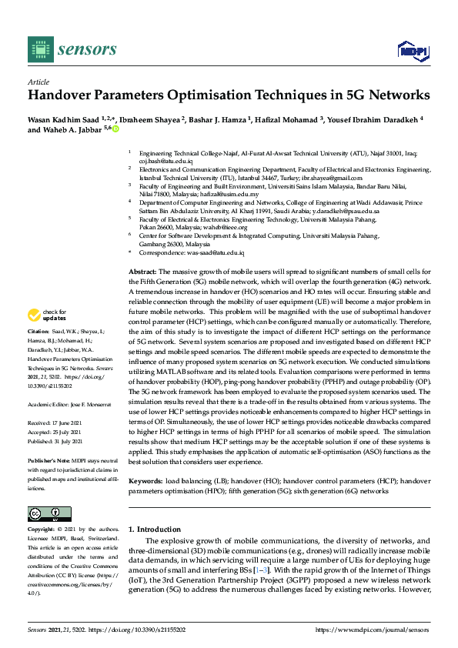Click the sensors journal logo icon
pyautogui.click(x=38, y=49)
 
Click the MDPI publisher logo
pyautogui.click(x=413, y=51)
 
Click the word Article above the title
pyautogui.click(x=38, y=81)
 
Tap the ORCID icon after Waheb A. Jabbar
pyautogui.click(x=116, y=130)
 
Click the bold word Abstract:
pyautogui.click(x=142, y=272)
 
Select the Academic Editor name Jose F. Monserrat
pyautogui.click(x=89, y=402)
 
